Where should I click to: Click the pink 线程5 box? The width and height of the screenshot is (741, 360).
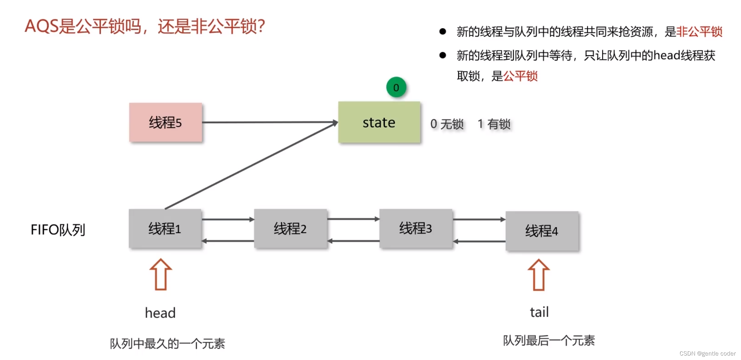(x=165, y=122)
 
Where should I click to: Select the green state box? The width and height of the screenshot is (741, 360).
(x=379, y=122)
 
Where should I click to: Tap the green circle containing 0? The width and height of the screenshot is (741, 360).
(x=396, y=87)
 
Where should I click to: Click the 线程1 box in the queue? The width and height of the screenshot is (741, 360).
(x=165, y=228)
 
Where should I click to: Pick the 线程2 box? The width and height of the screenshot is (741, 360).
(x=290, y=228)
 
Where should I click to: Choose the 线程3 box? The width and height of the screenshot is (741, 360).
(x=416, y=228)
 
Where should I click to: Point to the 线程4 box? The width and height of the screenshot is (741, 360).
(x=542, y=231)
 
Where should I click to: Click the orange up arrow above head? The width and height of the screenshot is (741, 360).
(x=160, y=274)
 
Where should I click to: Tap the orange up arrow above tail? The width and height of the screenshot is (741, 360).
(x=538, y=275)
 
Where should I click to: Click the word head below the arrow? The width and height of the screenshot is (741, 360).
(x=160, y=313)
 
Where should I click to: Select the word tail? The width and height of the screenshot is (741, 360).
(x=539, y=312)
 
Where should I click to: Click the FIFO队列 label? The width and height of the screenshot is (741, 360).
(x=58, y=230)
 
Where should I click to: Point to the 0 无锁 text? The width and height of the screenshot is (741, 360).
(x=447, y=124)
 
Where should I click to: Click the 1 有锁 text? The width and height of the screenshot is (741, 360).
(x=494, y=124)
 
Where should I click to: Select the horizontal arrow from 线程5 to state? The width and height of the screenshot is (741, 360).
(x=270, y=122)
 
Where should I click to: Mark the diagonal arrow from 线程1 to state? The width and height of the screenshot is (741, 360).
(x=250, y=166)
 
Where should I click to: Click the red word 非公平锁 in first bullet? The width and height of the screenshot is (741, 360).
(x=699, y=32)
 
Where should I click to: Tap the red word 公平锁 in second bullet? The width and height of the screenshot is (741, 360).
(x=520, y=76)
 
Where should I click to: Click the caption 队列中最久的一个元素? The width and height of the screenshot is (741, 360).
(x=167, y=343)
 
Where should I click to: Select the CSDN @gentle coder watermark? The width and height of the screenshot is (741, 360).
(x=707, y=353)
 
